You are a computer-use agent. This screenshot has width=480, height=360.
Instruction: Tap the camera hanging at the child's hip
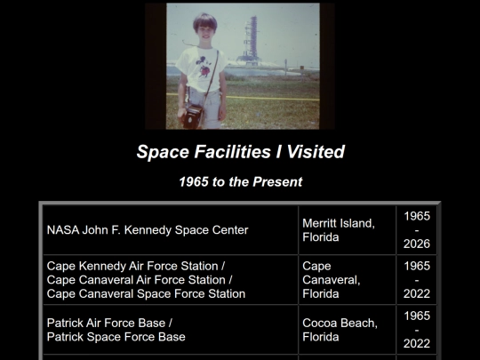[x=193, y=116]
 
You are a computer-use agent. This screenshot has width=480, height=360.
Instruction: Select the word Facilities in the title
[x=227, y=151]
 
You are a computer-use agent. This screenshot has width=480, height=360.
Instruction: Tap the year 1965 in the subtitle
[x=195, y=182]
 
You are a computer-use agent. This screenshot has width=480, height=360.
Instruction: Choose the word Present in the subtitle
[x=277, y=182]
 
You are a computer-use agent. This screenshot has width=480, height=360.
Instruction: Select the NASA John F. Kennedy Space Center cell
[x=148, y=230]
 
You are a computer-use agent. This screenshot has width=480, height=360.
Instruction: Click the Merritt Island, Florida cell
[x=339, y=230]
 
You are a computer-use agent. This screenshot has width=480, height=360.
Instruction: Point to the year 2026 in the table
[x=417, y=244]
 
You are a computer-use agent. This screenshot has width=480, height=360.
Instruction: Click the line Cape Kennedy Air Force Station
[x=136, y=266]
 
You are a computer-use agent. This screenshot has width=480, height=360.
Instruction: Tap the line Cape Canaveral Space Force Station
[x=146, y=293]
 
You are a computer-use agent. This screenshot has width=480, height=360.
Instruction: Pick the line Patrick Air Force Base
[x=109, y=322]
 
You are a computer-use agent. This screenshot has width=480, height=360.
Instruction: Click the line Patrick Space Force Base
[x=116, y=337]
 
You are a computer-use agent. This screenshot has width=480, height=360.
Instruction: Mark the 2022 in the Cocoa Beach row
[x=417, y=343]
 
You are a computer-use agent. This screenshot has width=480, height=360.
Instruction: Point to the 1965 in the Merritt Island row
[x=417, y=216]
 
